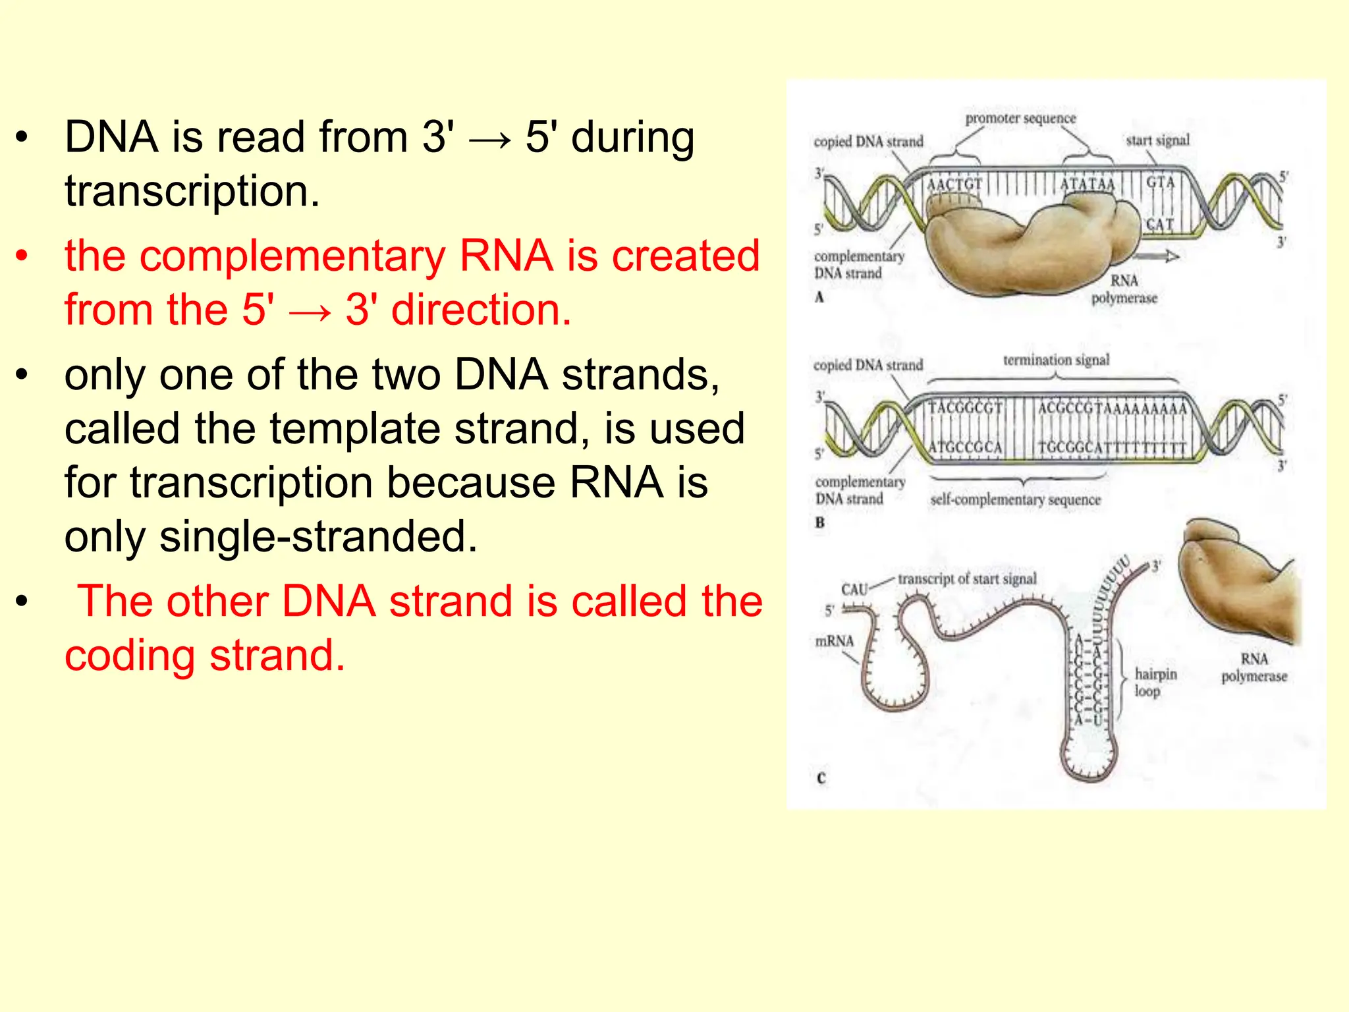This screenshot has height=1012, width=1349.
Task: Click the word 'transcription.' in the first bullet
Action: pos(192,192)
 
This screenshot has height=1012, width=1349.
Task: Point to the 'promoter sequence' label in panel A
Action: pos(1020,119)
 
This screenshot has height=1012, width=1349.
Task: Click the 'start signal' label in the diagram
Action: pos(1157,140)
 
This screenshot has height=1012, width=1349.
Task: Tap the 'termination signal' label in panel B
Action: pos(1056,360)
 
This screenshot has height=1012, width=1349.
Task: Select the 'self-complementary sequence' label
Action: pos(1015,500)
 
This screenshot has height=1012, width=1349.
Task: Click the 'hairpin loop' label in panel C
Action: pos(1155,682)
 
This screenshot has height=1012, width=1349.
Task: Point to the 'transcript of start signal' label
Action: pos(966,579)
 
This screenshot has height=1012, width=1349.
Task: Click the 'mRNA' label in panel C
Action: pos(834,641)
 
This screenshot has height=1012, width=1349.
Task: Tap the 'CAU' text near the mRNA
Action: pos(854,589)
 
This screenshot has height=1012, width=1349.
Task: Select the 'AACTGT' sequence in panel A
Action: pos(954,184)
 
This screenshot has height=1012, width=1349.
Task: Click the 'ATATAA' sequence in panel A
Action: pos(1087,184)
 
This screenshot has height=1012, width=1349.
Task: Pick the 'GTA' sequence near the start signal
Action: pos(1160,183)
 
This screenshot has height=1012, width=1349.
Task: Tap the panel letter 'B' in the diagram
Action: pos(819,523)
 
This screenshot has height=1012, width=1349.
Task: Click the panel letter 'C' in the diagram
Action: pos(821,778)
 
